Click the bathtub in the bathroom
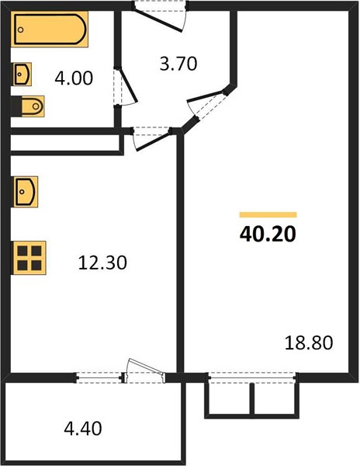50,30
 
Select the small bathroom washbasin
22,74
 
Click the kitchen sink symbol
26,192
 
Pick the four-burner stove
29,258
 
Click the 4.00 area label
74,78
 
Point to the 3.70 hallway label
178,64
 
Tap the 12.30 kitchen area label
102,263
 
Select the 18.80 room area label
309,343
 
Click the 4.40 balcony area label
83,428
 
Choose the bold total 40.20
268,234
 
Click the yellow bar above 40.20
268,214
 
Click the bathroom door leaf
126,85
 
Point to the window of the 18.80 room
252,377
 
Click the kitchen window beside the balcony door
99,377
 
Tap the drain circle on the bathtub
20,30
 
